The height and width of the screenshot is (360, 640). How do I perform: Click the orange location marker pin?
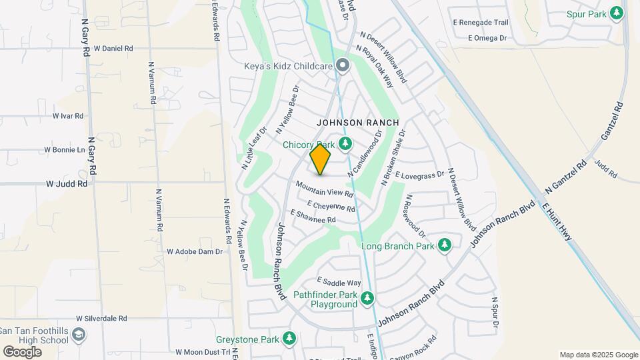point(320,159)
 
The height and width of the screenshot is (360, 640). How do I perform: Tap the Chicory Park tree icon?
point(345,144)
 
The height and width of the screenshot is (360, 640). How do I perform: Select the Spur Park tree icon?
point(617,13)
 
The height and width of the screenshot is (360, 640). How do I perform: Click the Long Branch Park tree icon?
point(445,246)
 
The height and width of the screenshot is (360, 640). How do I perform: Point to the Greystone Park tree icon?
point(289,339)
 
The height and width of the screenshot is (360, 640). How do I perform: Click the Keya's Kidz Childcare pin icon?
point(343,65)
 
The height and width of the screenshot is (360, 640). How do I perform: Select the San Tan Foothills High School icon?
point(79,335)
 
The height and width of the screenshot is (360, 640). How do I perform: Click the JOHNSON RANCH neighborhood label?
point(357,123)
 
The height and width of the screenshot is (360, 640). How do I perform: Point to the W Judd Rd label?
point(67,183)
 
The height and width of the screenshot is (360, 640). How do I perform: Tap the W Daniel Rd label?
point(113,49)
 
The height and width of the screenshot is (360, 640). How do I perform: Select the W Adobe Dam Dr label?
point(194,252)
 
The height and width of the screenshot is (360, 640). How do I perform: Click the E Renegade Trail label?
point(480,22)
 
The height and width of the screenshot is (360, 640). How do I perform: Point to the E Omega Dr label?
point(488,38)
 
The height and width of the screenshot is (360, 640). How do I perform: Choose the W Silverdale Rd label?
point(101,319)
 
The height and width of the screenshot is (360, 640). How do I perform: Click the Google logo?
point(21,351)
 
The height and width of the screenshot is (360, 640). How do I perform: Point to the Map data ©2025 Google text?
point(598,355)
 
